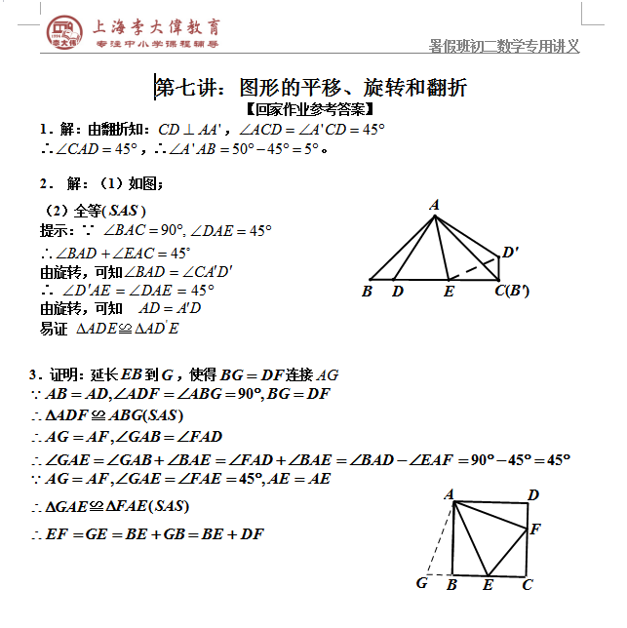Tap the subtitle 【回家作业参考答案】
pyautogui.click(x=310, y=109)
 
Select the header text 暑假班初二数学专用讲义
pyautogui.click(x=504, y=46)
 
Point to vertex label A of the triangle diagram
pyautogui.click(x=433, y=205)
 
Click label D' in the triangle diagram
pyautogui.click(x=510, y=254)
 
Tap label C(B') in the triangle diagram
pyautogui.click(x=512, y=291)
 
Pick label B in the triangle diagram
pyautogui.click(x=368, y=291)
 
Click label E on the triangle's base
pyautogui.click(x=449, y=291)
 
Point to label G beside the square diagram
pyautogui.click(x=422, y=583)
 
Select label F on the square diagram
pyautogui.click(x=534, y=530)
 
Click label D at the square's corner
pyautogui.click(x=533, y=495)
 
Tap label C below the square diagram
pyautogui.click(x=527, y=584)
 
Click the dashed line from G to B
pyautogui.click(x=439, y=573)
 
